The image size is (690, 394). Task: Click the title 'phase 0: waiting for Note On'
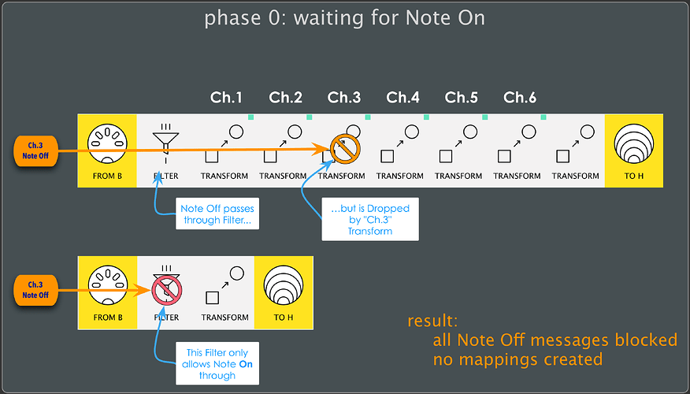tap(344, 18)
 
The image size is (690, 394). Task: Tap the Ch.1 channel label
tap(226, 98)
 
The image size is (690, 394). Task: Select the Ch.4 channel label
tap(402, 98)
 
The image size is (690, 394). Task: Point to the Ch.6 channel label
tap(520, 98)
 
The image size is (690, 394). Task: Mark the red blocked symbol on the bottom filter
tap(166, 289)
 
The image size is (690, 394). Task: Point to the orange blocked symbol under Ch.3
tap(344, 147)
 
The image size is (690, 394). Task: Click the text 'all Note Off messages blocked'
tap(555, 340)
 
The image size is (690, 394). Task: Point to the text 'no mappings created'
tap(517, 360)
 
